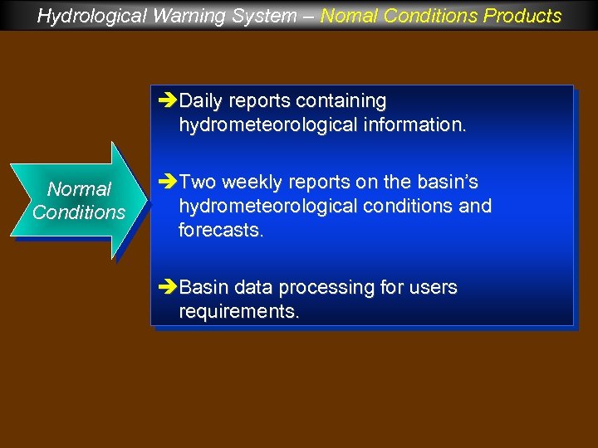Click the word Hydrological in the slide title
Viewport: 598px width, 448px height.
[87, 16]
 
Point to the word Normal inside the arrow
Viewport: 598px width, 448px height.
[79, 189]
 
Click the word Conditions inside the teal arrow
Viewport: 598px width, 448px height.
[79, 212]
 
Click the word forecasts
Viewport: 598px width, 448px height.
[220, 230]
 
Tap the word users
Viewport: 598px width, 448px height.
[429, 288]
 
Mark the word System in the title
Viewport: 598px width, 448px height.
[243, 16]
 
